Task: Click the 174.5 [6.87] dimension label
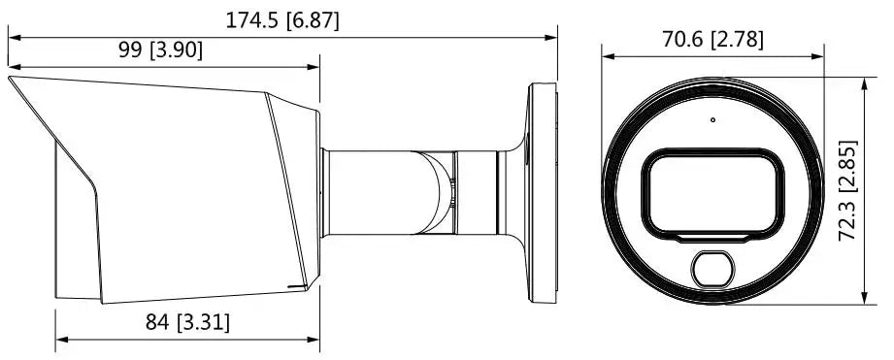[x=282, y=19]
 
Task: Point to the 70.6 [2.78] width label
[x=712, y=39]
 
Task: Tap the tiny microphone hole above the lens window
[x=712, y=121]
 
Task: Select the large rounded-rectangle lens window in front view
[x=712, y=192]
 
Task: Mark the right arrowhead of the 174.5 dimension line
[x=554, y=38]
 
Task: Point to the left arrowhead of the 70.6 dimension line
[x=606, y=56]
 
